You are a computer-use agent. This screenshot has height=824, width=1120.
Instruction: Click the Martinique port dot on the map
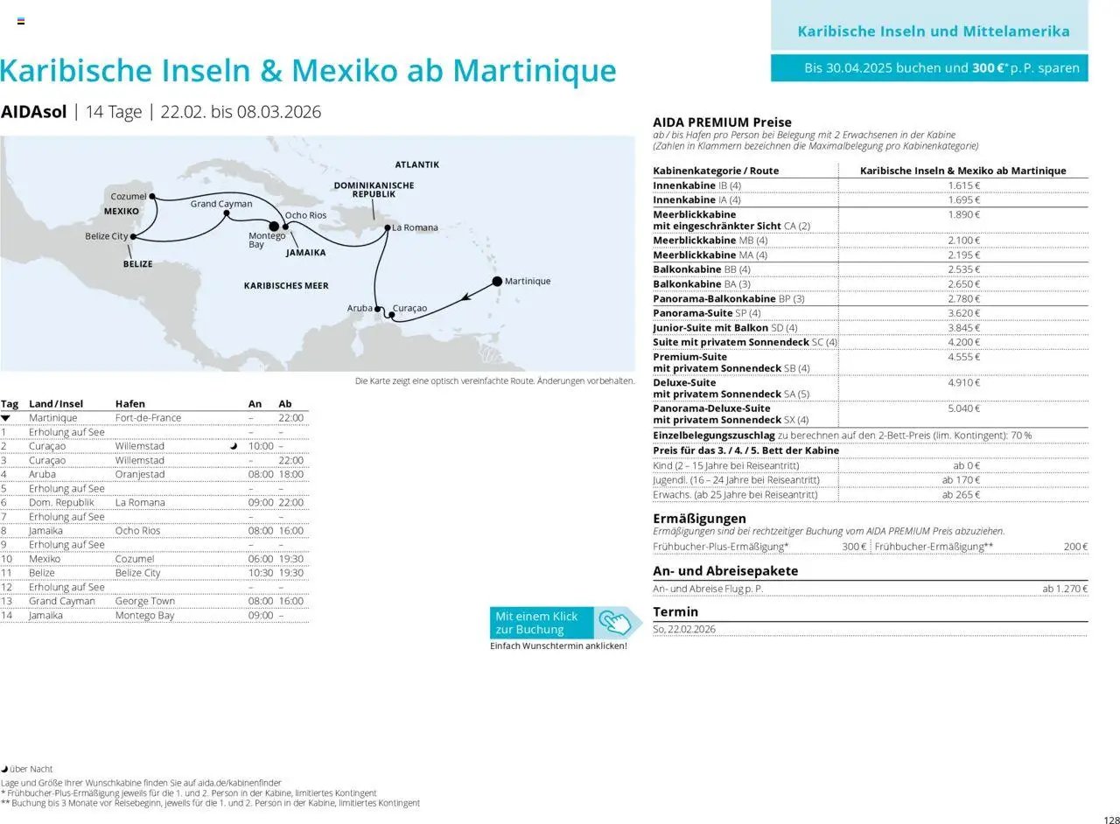497,281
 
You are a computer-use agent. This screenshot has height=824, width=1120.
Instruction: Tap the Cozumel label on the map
128,197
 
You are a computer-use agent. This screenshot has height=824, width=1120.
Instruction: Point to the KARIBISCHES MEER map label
286,286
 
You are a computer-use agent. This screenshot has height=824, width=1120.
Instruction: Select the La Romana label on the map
415,227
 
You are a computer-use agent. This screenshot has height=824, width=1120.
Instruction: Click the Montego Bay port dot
274,227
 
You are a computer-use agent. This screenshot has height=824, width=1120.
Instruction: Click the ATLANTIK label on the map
416,164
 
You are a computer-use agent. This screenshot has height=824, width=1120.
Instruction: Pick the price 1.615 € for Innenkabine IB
963,185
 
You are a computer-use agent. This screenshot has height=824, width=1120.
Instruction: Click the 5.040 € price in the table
963,409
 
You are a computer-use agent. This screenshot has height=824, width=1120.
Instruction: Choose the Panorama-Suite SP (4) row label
706,313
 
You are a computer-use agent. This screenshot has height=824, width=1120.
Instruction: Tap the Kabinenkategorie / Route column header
715,171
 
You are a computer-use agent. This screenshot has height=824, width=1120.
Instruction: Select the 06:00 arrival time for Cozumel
261,559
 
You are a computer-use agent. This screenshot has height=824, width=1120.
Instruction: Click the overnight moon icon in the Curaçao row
234,446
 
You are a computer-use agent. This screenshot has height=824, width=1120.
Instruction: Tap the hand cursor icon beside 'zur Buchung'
614,623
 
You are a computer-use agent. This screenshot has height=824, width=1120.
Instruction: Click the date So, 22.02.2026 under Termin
684,629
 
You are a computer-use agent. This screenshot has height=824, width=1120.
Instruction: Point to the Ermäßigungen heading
699,519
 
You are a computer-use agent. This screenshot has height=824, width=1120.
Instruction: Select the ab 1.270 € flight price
1064,589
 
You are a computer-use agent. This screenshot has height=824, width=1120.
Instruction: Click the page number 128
1111,820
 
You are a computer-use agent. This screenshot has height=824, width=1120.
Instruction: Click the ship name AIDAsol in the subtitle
33,112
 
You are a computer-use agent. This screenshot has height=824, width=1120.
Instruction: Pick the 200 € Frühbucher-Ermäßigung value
1075,547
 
